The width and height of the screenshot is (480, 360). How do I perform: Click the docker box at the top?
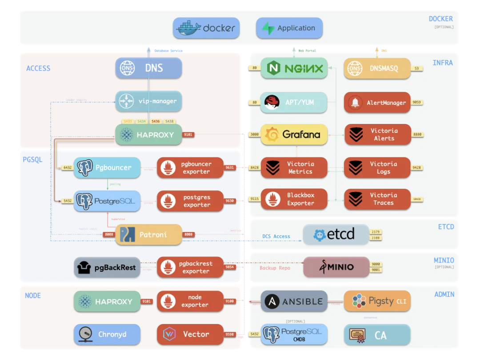[x=206, y=28]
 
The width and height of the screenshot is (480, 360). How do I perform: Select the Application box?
[x=289, y=28]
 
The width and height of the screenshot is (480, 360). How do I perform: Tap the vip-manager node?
[x=148, y=101]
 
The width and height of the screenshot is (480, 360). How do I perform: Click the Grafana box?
[x=294, y=134]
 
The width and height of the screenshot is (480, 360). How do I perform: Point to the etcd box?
[x=336, y=235]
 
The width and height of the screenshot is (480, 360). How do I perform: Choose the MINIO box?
[x=336, y=267]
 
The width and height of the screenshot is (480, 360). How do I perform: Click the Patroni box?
[x=148, y=234]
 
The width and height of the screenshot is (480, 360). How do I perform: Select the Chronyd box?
[x=107, y=334]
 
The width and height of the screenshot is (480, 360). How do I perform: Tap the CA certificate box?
[x=377, y=335]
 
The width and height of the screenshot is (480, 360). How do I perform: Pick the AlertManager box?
[x=377, y=103]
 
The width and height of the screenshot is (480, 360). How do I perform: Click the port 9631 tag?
[x=229, y=168]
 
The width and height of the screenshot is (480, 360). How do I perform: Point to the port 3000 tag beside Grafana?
[x=254, y=134]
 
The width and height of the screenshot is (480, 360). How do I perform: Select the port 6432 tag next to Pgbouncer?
[x=68, y=168]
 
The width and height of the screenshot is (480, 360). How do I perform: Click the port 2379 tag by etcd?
[x=376, y=232]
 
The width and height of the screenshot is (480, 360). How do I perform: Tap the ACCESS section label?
[x=38, y=68]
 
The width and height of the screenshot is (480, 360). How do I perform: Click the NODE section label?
[x=33, y=296]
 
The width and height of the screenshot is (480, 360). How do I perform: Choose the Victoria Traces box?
[x=377, y=199]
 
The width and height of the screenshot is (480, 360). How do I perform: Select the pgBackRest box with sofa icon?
[x=107, y=268]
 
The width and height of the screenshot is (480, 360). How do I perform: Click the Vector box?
[x=190, y=334]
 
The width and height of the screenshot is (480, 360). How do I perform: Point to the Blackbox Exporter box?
[x=294, y=199]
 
